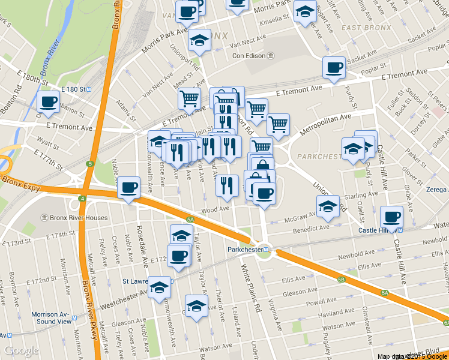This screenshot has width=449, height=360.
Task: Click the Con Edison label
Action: coord(250,56)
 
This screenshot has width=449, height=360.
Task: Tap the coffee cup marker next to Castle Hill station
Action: coord(392,217)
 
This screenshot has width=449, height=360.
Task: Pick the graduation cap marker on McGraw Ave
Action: coord(328,206)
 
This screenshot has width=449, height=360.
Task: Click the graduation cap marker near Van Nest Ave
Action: coord(199,40)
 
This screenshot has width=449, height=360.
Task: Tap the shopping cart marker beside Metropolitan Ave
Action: coord(278,124)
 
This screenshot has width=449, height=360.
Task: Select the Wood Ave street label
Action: coord(215,209)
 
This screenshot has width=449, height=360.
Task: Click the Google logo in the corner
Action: coord(22,350)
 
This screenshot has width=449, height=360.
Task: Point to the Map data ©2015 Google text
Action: coord(411,356)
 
